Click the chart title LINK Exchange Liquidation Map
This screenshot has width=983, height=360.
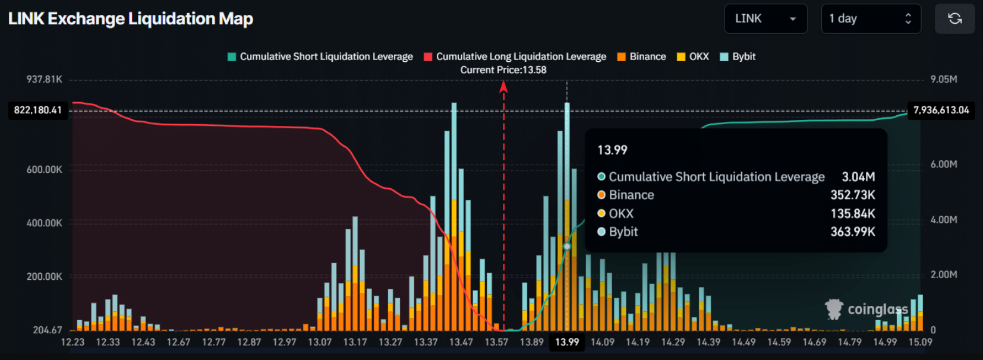pos(131,19)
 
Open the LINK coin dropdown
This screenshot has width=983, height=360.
pos(765,19)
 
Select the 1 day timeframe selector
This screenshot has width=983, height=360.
pos(871,19)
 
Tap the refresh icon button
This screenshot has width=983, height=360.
pos(954,19)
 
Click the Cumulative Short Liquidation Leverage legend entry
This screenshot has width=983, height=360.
pos(320,56)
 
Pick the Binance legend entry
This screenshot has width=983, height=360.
pos(642,56)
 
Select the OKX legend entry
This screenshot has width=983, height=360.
pos(693,56)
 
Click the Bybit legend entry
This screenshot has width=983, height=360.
pos(738,56)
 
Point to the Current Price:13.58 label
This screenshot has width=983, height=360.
pos(503,70)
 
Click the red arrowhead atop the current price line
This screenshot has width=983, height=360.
pos(503,87)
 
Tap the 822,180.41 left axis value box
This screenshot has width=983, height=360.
pos(38,110)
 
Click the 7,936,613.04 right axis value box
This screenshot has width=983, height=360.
pos(941,110)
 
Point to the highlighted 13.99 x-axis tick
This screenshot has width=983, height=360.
pos(567,342)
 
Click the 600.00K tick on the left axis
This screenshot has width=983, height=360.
pos(45,170)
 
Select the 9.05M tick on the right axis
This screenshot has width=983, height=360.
pos(944,80)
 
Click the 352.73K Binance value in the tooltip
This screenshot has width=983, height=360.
pos(852,195)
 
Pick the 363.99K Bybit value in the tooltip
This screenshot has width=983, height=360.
pos(852,232)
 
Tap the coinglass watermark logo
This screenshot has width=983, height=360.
pos(867,309)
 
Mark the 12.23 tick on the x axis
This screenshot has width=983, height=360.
pos(73,342)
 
